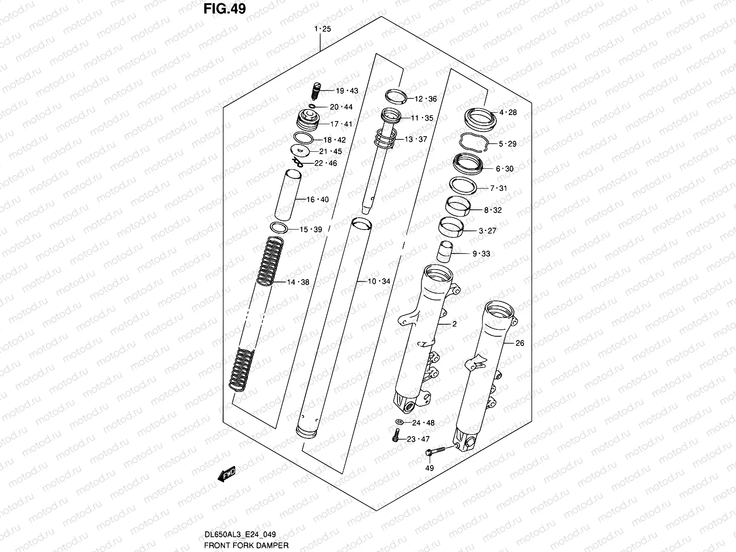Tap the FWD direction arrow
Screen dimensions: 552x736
click(226, 474)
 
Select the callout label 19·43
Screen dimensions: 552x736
click(347, 91)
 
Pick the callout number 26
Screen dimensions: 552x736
click(519, 343)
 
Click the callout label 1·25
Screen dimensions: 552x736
click(322, 29)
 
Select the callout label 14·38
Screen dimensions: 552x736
click(298, 282)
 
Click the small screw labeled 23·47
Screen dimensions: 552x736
click(396, 435)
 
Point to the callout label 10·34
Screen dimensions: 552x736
click(379, 281)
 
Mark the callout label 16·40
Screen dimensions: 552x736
click(318, 200)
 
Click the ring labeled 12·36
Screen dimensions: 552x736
click(397, 96)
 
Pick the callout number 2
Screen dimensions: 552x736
click(454, 324)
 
